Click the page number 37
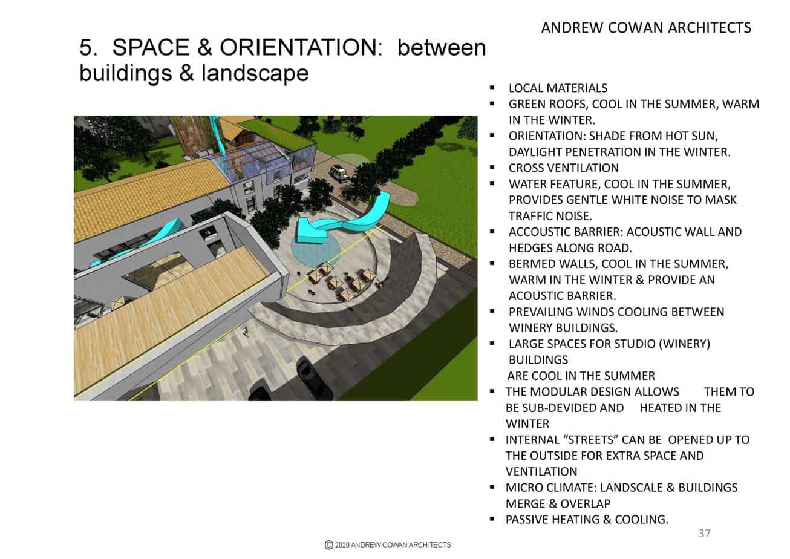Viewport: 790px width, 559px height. tap(704, 533)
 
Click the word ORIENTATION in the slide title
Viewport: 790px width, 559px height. tap(301, 47)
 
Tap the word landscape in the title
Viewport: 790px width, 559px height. tap(255, 74)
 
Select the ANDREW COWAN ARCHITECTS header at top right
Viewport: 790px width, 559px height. tap(646, 28)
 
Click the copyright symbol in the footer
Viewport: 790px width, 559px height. tap(328, 545)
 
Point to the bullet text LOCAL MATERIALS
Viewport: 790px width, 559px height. tap(558, 88)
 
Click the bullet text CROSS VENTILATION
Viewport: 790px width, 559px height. tap(564, 168)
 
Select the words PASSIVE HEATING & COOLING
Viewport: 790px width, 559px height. tap(587, 520)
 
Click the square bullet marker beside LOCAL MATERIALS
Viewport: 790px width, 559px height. tap(492, 88)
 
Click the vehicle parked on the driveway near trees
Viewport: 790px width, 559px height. tap(339, 173)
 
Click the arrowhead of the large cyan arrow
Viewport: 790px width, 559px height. tap(307, 230)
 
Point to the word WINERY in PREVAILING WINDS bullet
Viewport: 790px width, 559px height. tap(530, 328)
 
